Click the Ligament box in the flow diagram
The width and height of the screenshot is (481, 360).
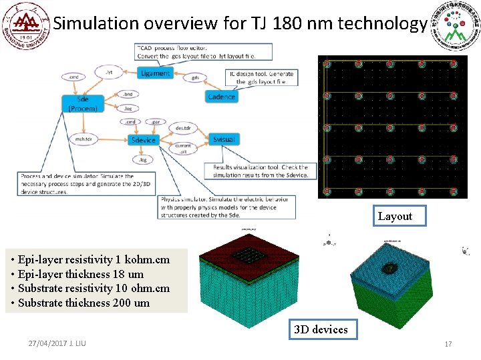[x=155, y=73]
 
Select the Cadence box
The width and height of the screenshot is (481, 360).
[x=221, y=97]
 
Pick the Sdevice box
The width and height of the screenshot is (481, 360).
[x=143, y=139]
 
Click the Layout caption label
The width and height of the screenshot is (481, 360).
[x=395, y=216]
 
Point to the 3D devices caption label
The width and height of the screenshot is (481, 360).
[x=321, y=329]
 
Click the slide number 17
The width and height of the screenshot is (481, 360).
[x=448, y=344]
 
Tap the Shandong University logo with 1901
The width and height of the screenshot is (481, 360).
[x=26, y=26]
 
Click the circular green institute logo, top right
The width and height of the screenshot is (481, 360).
[x=456, y=25]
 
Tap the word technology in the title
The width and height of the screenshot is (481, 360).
[x=382, y=24]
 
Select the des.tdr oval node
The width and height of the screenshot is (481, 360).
[x=182, y=127]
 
